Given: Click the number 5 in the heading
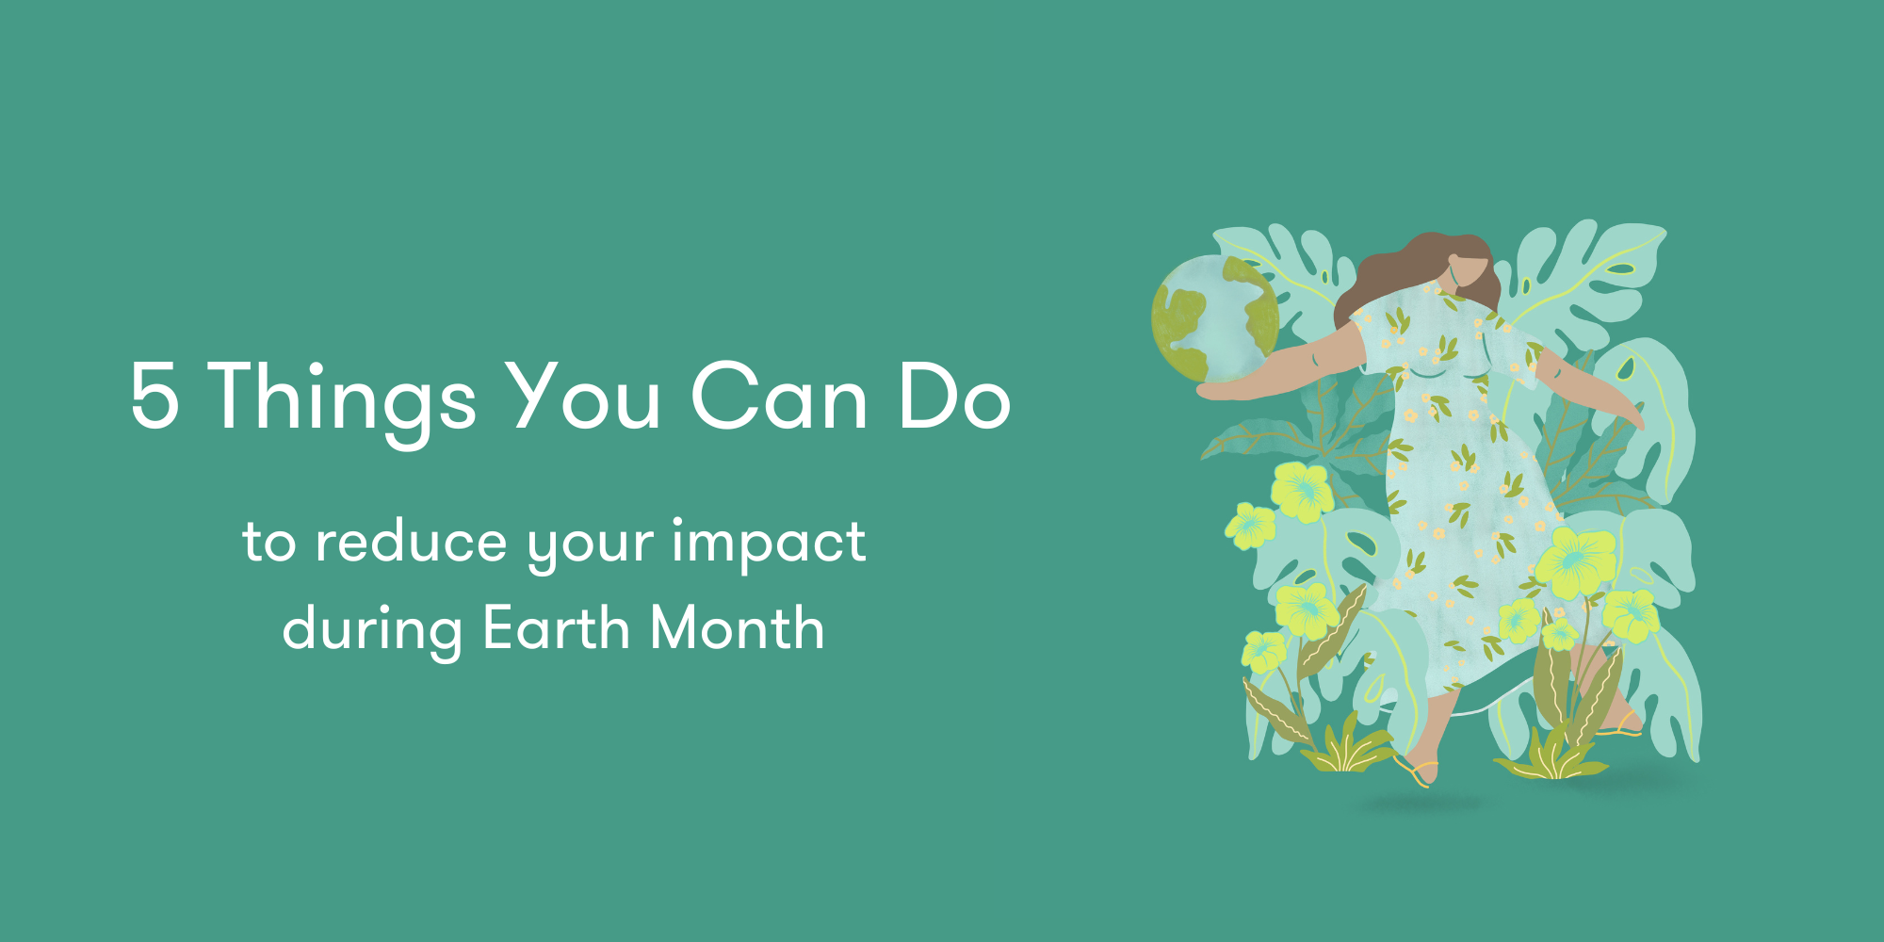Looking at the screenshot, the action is point(155,397).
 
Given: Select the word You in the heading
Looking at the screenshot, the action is point(583,397).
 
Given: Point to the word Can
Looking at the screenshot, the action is point(779,397).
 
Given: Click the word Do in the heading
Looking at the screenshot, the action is point(954,397).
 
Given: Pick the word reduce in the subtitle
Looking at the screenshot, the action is point(411,541).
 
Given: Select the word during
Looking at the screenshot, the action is point(372,632).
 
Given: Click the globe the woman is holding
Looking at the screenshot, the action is point(1215,318).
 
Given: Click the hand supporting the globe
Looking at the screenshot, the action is point(1225,390).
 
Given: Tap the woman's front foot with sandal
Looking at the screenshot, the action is point(1418,771).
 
